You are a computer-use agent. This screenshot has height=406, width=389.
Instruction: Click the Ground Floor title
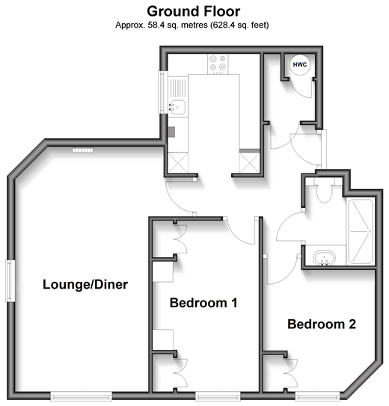pyautogui.click(x=194, y=12)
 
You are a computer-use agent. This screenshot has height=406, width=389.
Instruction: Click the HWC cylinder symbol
pyautogui.click(x=300, y=65)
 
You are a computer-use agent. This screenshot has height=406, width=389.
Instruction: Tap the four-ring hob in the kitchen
pyautogui.click(x=218, y=64)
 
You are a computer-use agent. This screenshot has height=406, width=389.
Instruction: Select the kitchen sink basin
pyautogui.click(x=177, y=107)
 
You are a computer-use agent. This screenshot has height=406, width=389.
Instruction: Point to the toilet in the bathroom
pyautogui.click(x=324, y=191)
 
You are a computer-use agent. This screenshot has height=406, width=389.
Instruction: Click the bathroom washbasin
pyautogui.click(x=324, y=258)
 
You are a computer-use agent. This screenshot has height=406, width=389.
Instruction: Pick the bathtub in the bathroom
pyautogui.click(x=361, y=231)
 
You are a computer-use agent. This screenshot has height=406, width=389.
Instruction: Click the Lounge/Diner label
pyautogui.click(x=85, y=285)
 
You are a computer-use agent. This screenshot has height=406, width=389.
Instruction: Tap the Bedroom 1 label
pyautogui.click(x=203, y=303)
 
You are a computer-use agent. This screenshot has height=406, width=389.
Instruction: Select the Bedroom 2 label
pyautogui.click(x=322, y=325)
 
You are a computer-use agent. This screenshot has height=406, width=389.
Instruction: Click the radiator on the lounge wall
pyautogui.click(x=82, y=150)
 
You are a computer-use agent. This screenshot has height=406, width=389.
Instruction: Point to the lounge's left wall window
pyautogui.click(x=10, y=280)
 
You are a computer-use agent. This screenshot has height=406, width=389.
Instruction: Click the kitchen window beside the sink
pyautogui.click(x=162, y=92)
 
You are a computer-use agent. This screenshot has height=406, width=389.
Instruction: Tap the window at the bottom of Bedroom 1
pyautogui.click(x=218, y=396)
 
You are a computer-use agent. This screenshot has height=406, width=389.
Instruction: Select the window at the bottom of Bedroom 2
pyautogui.click(x=317, y=396)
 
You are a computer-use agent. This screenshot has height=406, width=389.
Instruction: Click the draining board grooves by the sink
pyautogui.click(x=178, y=88)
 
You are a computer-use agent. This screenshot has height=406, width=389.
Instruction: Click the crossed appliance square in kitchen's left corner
pyautogui.click(x=178, y=162)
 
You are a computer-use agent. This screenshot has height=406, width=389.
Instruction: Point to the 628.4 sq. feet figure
pyautogui.click(x=239, y=25)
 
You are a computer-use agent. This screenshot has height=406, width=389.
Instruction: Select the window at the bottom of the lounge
pyautogui.click(x=82, y=396)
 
